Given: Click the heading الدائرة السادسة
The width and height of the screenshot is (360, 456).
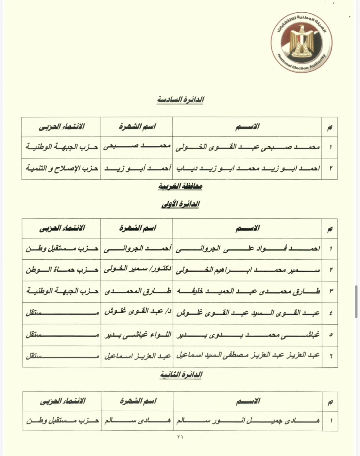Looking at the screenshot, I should [x=180, y=99].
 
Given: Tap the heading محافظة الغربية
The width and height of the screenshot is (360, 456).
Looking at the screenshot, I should [x=180, y=186].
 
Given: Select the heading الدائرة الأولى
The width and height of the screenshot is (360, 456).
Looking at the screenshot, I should [x=180, y=204].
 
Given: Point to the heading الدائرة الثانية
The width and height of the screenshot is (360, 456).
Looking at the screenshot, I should [x=181, y=375].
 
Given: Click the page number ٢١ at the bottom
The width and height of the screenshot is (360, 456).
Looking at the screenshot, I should [x=180, y=437].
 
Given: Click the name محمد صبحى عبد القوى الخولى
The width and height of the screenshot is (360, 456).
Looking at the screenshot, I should [x=247, y=147].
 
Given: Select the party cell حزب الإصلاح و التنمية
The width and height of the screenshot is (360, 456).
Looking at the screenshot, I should [x=61, y=168].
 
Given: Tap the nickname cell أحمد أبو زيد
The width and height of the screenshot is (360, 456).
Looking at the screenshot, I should [x=137, y=168].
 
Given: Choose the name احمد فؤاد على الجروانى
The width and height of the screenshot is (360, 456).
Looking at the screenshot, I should [x=247, y=249].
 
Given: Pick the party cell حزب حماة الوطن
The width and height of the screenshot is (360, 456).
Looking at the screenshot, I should [x=61, y=270].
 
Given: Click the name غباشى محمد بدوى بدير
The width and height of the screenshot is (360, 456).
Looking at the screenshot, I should [x=247, y=335].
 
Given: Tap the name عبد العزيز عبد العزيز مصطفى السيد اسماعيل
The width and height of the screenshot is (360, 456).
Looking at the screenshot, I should [x=247, y=356].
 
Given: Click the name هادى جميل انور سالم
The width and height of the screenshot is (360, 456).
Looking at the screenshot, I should [x=247, y=421].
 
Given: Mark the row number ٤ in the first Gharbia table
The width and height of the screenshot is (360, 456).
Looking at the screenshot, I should [x=330, y=313].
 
